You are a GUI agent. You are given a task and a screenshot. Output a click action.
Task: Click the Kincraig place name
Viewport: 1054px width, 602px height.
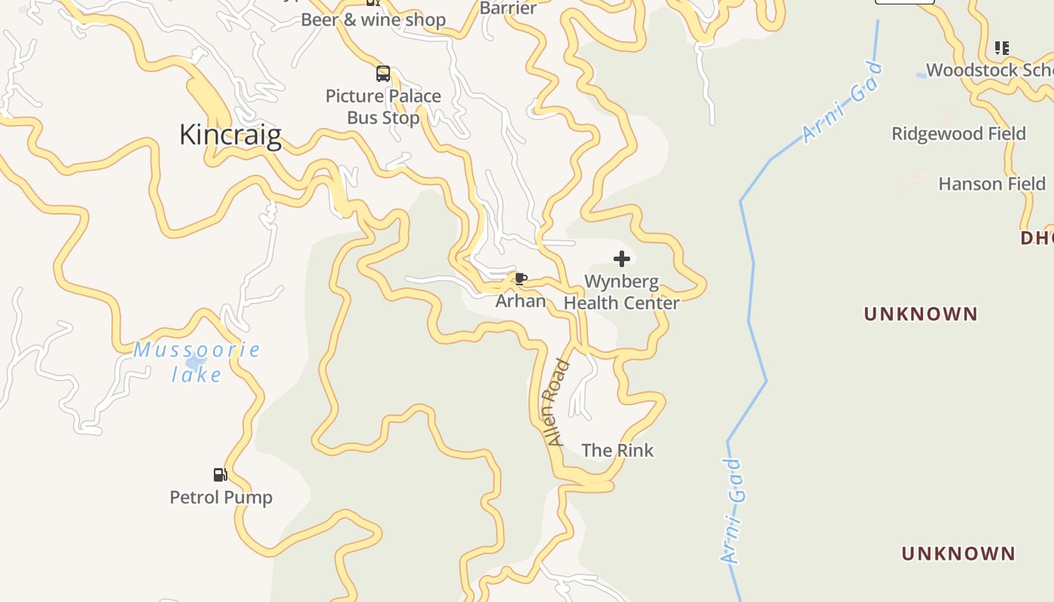(230, 135)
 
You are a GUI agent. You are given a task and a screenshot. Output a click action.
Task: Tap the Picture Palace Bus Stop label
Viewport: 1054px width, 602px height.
(383, 107)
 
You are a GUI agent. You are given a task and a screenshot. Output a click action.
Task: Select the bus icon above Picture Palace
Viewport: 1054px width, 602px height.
(383, 74)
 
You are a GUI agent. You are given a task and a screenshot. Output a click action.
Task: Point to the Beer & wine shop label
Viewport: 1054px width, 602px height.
(373, 20)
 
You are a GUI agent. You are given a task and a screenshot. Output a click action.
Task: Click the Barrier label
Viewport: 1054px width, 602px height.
(508, 8)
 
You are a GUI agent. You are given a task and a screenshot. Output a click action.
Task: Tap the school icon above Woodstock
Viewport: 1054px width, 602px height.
(1001, 48)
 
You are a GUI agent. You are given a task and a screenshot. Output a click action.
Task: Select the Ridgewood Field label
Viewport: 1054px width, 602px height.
(958, 134)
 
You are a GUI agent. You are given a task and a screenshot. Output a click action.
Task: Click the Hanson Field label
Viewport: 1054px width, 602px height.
(992, 184)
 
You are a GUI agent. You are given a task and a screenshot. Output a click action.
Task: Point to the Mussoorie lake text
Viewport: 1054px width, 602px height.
(197, 362)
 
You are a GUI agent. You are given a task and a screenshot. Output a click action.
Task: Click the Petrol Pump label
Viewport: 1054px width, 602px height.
(221, 497)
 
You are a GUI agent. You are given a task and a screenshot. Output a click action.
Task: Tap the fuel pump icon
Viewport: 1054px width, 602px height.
(221, 474)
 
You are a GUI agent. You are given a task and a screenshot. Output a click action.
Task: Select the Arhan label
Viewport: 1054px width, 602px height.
(520, 301)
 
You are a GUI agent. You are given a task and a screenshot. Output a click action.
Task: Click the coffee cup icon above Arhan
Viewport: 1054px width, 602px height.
(520, 279)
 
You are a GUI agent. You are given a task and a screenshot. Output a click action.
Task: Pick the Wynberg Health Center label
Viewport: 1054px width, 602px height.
(622, 292)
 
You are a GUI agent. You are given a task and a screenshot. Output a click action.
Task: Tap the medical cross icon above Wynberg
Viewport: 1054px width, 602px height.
(622, 259)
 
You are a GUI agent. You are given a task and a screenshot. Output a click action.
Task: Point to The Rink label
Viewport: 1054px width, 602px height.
(617, 451)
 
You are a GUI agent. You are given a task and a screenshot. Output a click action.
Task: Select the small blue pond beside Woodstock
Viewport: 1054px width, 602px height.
(921, 75)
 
